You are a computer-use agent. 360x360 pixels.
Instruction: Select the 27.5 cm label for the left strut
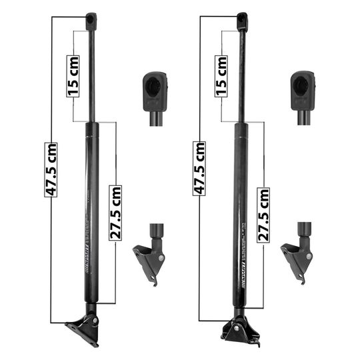(117, 206)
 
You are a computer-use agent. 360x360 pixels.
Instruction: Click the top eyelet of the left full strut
(91, 19)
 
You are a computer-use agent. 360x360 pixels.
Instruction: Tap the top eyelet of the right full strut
(242, 19)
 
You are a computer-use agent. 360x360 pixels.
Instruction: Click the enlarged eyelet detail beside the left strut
(155, 89)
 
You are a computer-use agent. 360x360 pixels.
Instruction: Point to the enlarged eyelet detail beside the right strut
(303, 89)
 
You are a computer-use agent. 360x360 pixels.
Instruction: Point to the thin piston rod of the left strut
(92, 73)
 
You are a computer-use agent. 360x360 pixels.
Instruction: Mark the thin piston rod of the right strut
(241, 73)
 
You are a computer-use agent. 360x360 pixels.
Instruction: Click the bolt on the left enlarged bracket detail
(161, 257)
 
